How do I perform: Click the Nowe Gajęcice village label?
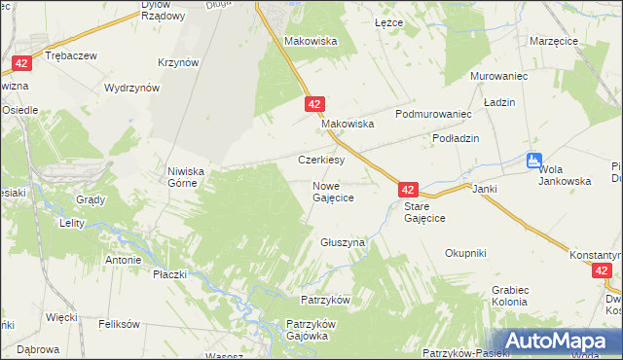(x=332, y=192)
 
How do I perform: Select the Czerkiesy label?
(x=321, y=160)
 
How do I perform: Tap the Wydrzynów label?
(x=131, y=88)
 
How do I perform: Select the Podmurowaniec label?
(x=433, y=114)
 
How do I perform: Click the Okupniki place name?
(x=465, y=253)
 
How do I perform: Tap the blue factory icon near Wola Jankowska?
(x=532, y=161)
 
